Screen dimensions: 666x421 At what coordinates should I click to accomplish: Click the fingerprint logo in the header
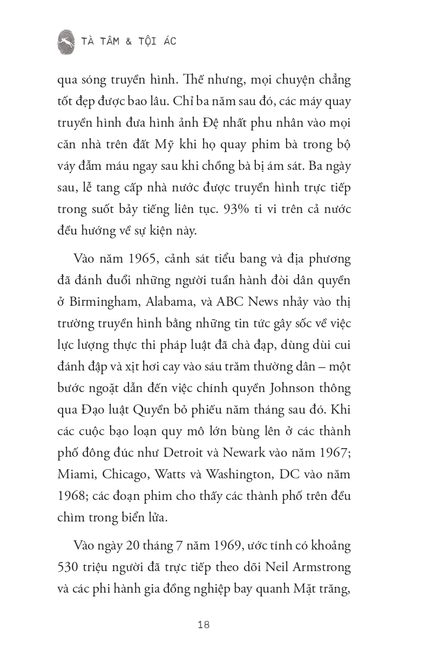pyautogui.click(x=66, y=42)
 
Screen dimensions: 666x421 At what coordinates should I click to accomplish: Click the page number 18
pyautogui.click(x=203, y=625)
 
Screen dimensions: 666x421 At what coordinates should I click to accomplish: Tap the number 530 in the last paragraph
pyautogui.click(x=69, y=568)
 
